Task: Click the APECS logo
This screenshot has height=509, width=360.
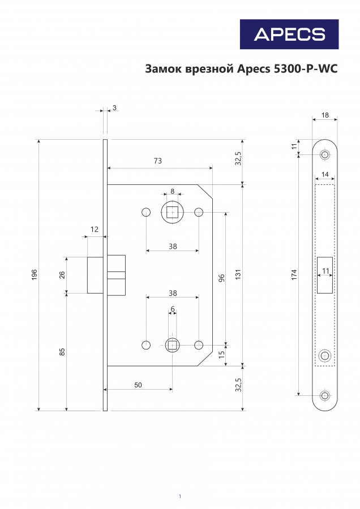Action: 289,34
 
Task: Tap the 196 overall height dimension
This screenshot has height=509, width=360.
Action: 35,275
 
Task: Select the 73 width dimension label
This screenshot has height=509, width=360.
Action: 157,161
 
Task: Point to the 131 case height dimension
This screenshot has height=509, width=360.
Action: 238,275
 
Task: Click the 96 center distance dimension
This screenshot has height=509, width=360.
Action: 221,278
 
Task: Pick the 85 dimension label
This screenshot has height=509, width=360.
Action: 62,352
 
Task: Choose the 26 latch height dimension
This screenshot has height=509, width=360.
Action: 62,275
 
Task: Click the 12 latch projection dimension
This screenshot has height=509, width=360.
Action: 94,230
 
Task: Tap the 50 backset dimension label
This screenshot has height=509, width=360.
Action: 138,385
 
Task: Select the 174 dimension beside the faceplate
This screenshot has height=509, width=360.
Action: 294,275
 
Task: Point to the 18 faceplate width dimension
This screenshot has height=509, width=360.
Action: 325,115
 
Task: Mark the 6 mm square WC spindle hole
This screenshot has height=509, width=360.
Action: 172,345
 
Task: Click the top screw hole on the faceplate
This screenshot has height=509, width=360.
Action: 324,154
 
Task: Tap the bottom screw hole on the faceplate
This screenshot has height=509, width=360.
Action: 324,395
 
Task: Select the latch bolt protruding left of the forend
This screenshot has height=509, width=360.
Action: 95,275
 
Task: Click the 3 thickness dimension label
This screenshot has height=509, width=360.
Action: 114,107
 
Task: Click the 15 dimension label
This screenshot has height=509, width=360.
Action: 221,355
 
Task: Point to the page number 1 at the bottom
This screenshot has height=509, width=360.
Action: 179,497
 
